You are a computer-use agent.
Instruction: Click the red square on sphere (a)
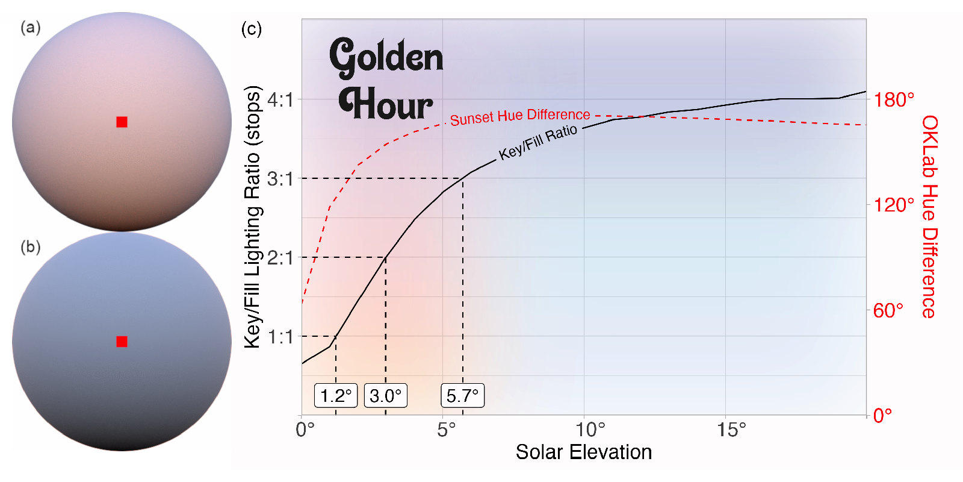122,122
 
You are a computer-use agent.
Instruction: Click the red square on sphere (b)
122,342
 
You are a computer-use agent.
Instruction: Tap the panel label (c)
251,29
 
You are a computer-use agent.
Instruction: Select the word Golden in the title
386,57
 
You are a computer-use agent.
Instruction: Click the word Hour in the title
385,104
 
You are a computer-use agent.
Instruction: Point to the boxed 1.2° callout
336,396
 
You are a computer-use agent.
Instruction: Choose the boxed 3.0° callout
386,396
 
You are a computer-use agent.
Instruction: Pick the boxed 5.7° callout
462,396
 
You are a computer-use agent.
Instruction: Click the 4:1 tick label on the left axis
280,100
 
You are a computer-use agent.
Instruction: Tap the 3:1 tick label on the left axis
280,179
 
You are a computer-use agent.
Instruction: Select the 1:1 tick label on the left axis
280,337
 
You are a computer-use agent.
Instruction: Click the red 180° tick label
894,99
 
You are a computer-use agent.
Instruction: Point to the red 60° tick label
888,310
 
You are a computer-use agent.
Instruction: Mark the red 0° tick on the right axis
883,415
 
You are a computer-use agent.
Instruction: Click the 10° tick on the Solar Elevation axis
590,430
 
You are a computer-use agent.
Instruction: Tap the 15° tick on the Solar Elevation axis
731,430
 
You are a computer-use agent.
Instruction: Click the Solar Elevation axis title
583,452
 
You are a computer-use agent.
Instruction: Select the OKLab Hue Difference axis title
930,217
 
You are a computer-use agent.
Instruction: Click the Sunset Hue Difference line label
520,117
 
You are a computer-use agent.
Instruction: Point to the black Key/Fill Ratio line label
538,142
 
